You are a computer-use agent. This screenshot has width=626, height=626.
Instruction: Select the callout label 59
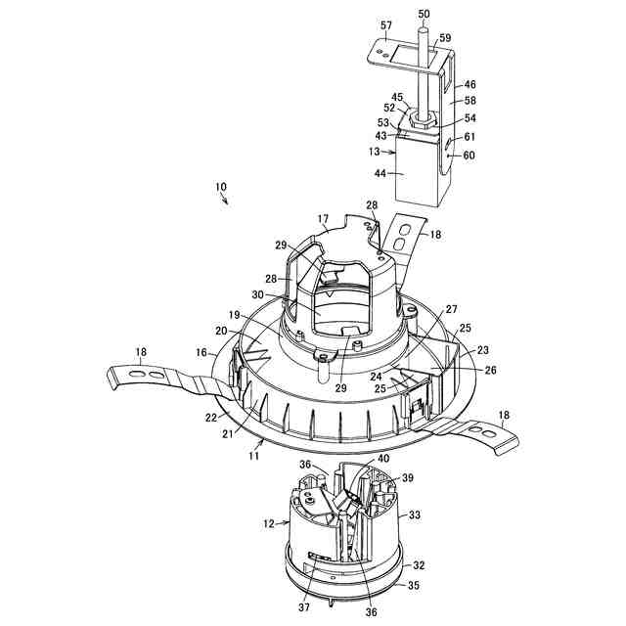(445, 39)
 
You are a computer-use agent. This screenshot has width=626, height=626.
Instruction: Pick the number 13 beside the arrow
(375, 151)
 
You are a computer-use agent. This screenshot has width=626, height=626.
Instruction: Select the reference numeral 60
(469, 156)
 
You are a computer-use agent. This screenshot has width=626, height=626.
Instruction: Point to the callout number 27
(451, 308)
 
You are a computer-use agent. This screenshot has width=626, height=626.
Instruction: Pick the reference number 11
(252, 455)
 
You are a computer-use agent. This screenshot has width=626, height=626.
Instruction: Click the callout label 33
(415, 514)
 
